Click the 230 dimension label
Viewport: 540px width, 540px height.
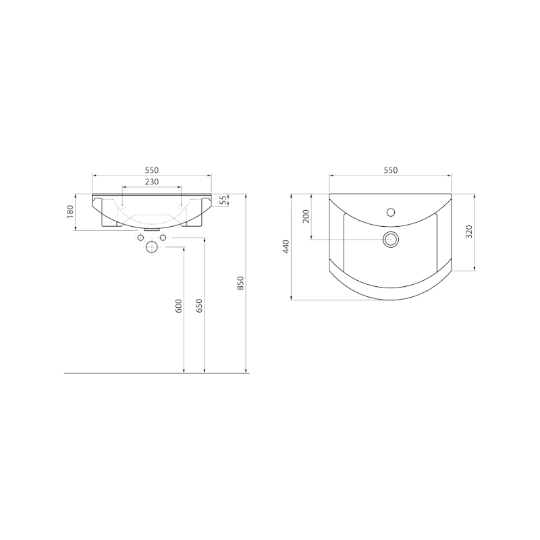tap(151, 182)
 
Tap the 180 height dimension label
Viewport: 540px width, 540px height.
tap(70, 211)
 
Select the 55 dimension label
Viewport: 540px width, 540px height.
tap(223, 200)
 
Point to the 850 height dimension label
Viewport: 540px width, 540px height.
tap(241, 283)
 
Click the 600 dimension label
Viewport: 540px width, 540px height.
tap(179, 306)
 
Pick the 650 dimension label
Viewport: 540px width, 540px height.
tap(199, 306)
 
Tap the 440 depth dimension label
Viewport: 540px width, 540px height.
tap(286, 246)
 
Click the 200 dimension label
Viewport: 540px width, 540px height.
tap(306, 216)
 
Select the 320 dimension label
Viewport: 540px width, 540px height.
tap(468, 232)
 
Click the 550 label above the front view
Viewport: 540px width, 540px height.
tap(151, 170)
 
